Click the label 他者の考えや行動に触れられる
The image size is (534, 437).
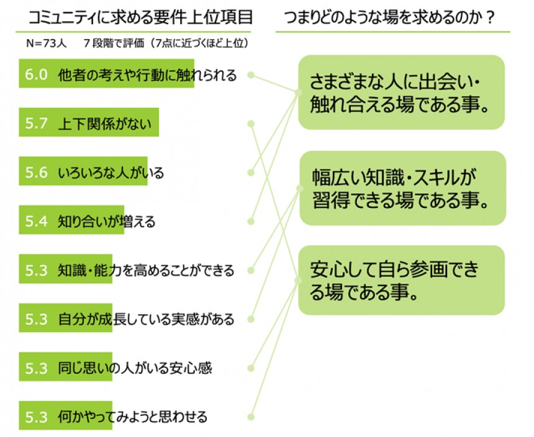click(x=147, y=75)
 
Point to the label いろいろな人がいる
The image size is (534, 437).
click(x=111, y=173)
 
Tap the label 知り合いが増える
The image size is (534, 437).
click(x=106, y=221)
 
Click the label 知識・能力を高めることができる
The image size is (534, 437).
click(x=146, y=271)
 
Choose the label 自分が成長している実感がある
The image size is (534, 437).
click(x=146, y=319)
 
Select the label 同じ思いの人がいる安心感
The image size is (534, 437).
click(x=135, y=367)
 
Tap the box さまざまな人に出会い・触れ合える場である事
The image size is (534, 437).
click(x=401, y=92)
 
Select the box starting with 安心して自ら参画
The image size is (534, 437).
click(x=401, y=280)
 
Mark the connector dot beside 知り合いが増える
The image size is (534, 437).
click(x=251, y=220)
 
